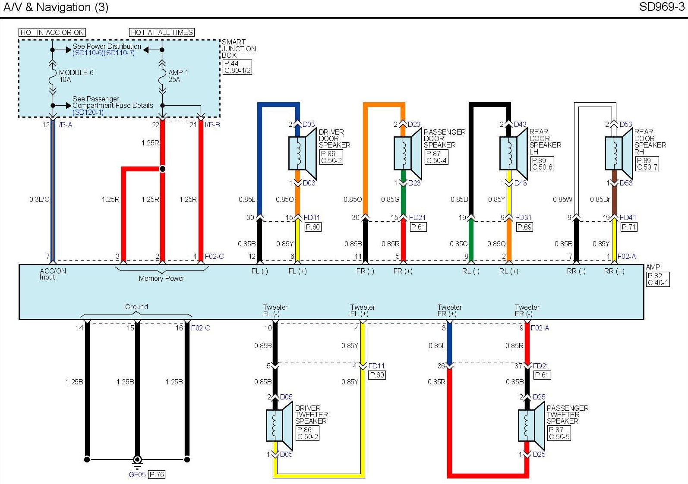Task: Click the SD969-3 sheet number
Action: click(661, 7)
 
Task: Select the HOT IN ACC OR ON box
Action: click(52, 32)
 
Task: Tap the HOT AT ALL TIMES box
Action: click(162, 32)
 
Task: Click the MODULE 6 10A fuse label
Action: click(76, 76)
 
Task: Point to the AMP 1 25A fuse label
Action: click(178, 76)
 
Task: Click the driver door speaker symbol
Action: click(302, 153)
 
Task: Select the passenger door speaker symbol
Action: click(407, 153)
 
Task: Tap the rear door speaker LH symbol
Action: click(513, 153)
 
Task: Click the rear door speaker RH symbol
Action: click(619, 153)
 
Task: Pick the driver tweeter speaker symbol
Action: click(279, 425)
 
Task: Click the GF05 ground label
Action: click(137, 475)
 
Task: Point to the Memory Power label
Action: click(161, 279)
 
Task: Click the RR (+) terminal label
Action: click(614, 271)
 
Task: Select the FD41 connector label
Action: click(628, 217)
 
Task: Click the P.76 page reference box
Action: click(157, 475)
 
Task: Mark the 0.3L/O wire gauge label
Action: click(39, 199)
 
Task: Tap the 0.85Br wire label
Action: click(600, 199)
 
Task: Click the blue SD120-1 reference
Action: click(88, 112)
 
